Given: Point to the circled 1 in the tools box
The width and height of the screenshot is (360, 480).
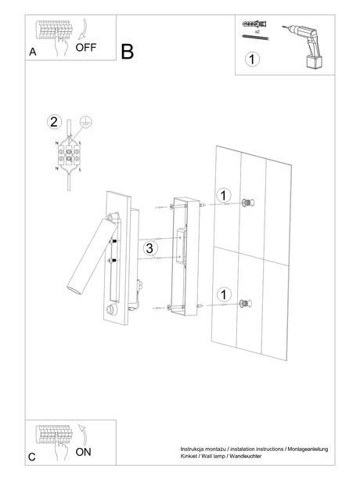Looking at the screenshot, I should [251, 60].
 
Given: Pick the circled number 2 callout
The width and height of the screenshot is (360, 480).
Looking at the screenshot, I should [53, 121].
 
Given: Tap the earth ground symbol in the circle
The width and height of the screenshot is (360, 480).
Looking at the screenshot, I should [88, 121].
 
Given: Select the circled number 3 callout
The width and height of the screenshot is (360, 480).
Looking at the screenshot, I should [152, 248].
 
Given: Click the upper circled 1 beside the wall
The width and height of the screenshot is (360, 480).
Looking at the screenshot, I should [223, 195].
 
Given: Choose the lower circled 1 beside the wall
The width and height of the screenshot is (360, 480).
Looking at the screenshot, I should [223, 294].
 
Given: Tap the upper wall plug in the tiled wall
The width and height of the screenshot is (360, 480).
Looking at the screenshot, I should [248, 202].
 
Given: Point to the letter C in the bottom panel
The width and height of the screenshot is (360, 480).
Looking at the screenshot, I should [32, 456].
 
